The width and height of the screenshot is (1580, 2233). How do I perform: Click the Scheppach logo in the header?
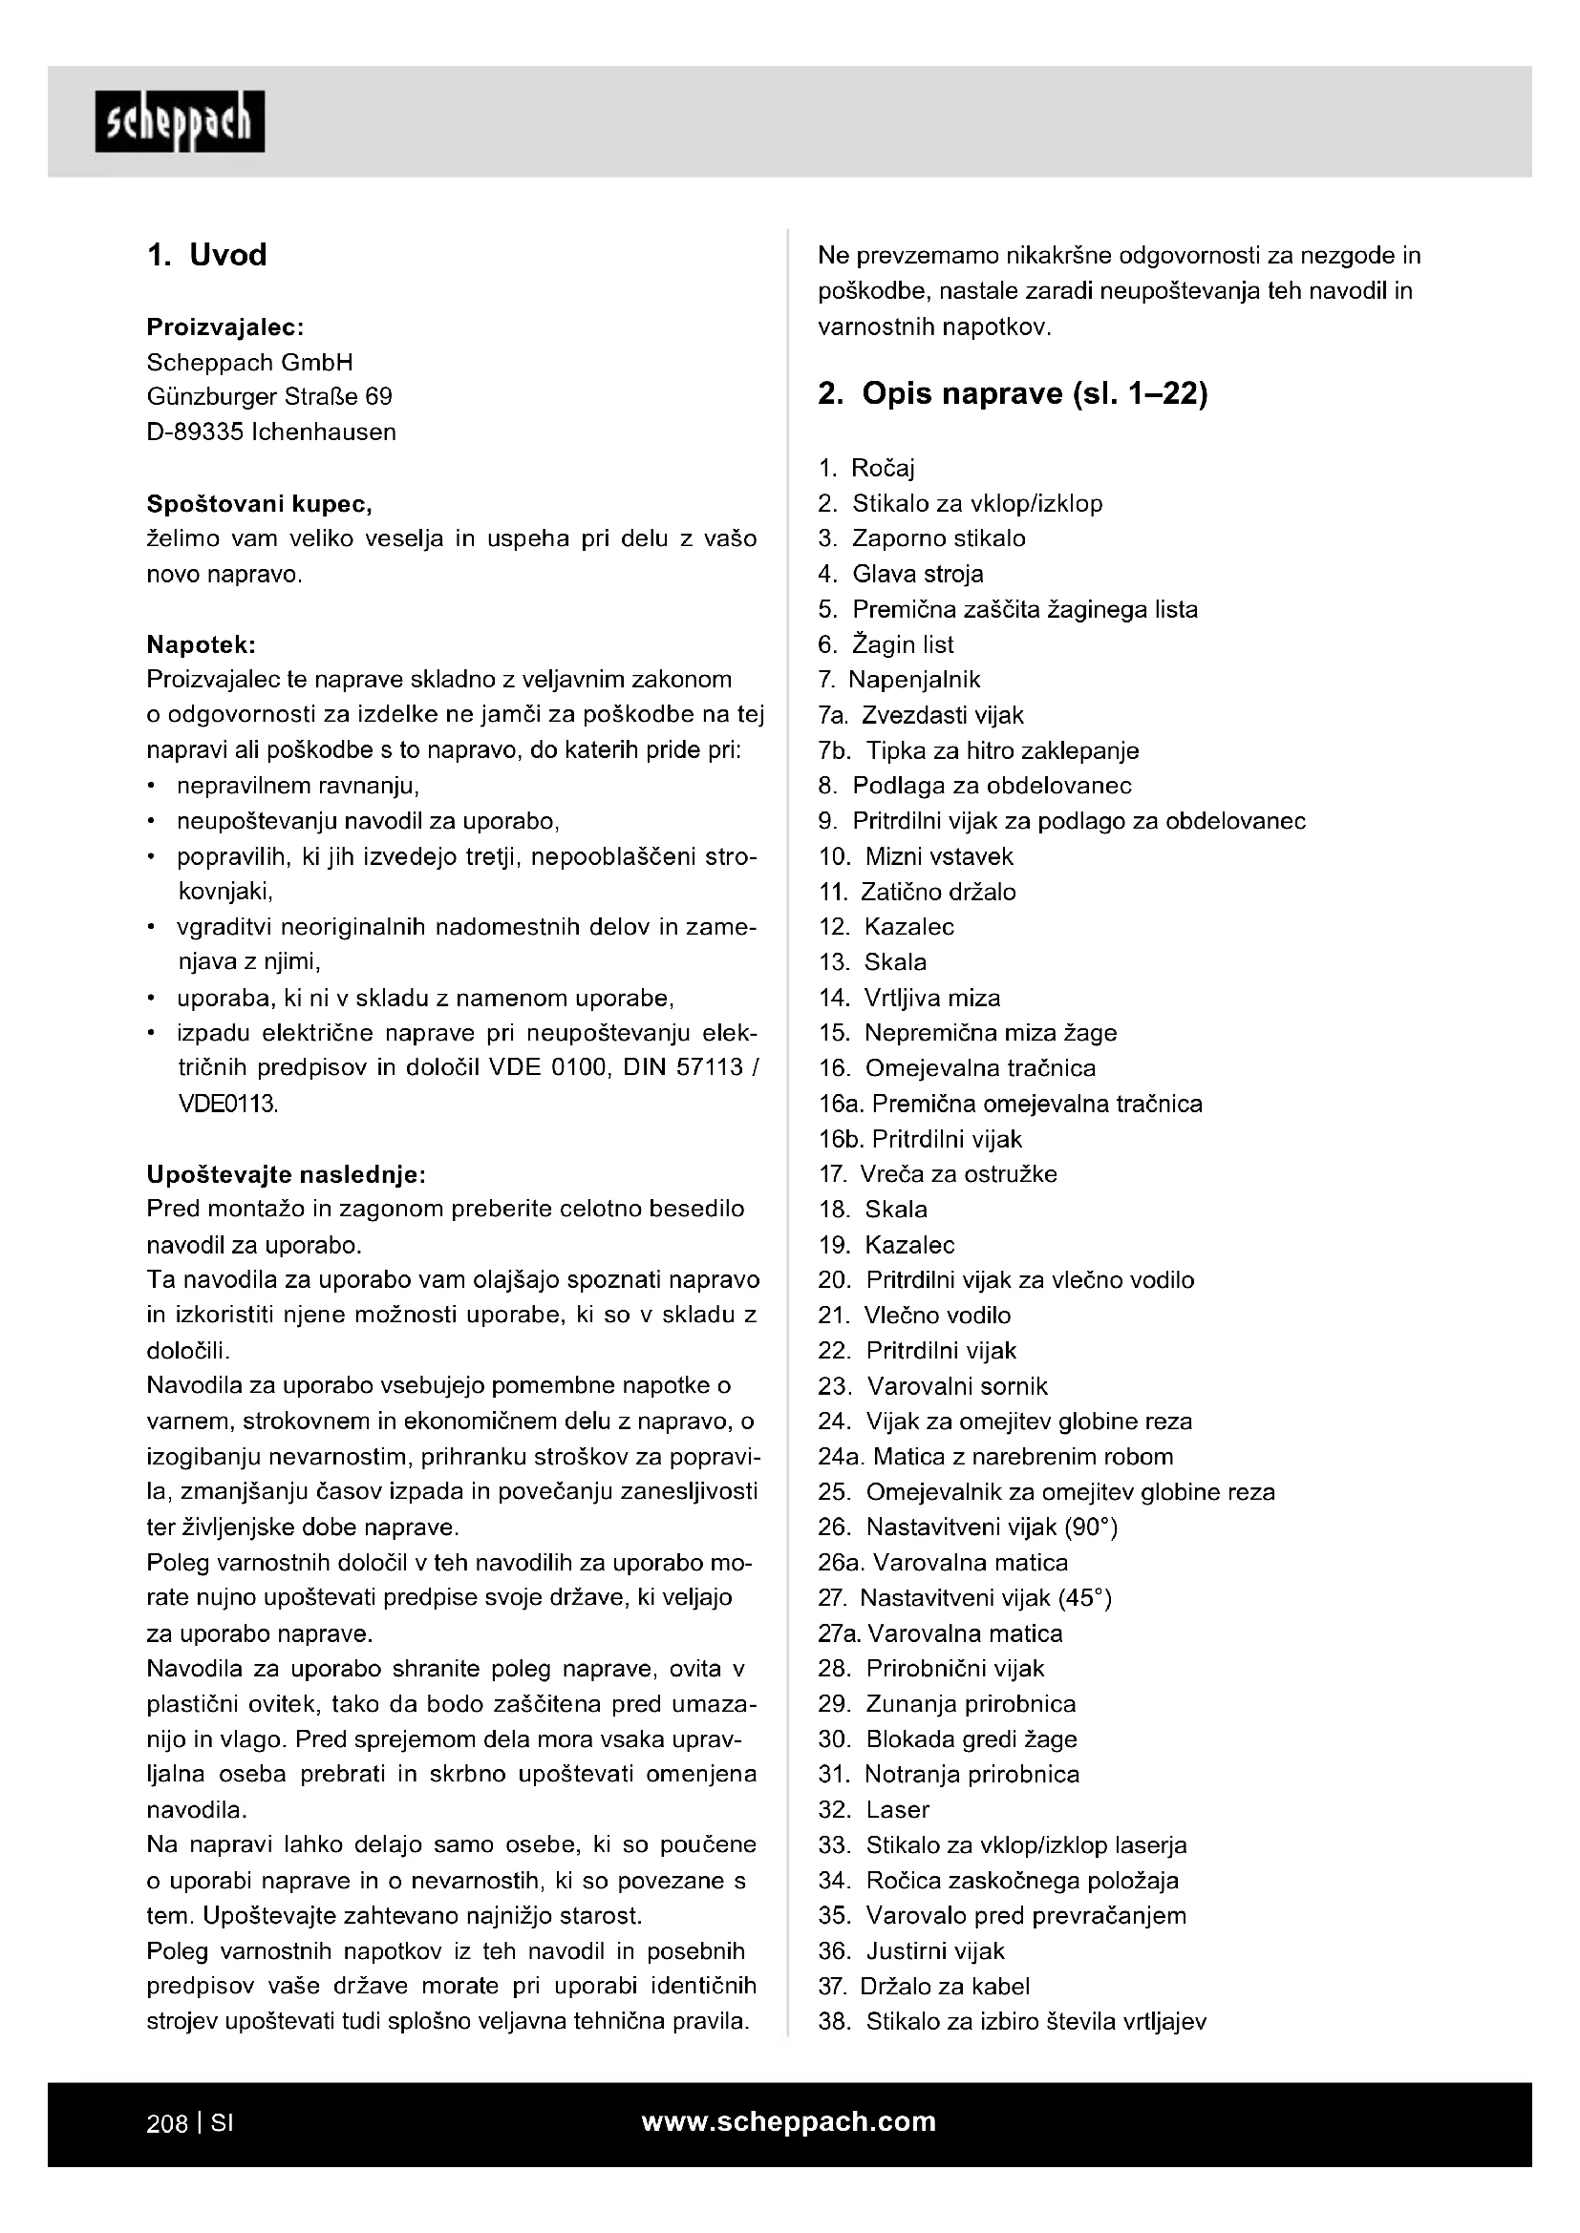click(x=179, y=121)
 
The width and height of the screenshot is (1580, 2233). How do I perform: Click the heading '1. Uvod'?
click(x=206, y=255)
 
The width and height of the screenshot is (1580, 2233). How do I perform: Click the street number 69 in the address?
click(x=378, y=397)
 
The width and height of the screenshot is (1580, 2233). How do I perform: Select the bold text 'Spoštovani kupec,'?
click(x=259, y=504)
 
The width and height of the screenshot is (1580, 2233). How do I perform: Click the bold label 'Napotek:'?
click(x=202, y=644)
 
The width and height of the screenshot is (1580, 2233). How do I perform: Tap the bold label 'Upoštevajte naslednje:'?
click(x=286, y=1175)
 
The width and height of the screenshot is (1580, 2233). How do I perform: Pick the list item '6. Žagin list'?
click(x=886, y=644)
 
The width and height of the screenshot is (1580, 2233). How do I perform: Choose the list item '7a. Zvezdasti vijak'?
click(x=920, y=716)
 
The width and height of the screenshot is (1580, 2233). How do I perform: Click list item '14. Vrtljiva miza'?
click(x=908, y=998)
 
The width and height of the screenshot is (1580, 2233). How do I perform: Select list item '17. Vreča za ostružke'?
click(x=937, y=1175)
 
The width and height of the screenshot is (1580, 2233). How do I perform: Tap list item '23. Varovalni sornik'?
click(x=933, y=1386)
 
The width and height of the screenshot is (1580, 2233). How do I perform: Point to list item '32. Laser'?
click(x=874, y=1810)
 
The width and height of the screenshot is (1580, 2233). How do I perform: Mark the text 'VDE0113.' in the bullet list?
click(x=227, y=1104)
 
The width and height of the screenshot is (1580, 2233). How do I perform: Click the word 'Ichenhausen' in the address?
click(x=324, y=432)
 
